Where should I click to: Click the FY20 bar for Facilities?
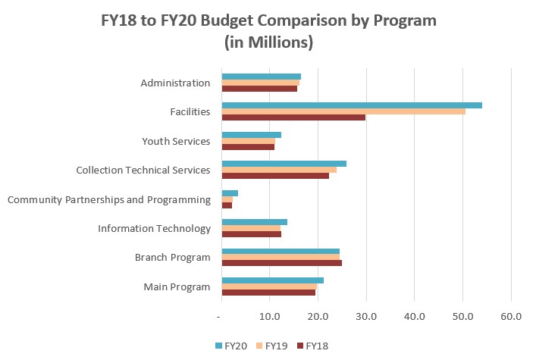pos(351,105)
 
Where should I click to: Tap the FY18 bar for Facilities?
pos(293,117)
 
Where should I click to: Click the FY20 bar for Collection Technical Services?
pos(284,164)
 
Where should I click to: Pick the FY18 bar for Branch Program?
pos(281,263)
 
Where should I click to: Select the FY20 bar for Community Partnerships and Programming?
pos(230,193)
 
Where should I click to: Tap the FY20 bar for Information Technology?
pos(254,222)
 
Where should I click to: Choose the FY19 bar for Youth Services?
pos(248,141)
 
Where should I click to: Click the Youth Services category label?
pos(176,141)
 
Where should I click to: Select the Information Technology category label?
pos(154,228)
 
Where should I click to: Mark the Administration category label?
pos(175,83)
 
